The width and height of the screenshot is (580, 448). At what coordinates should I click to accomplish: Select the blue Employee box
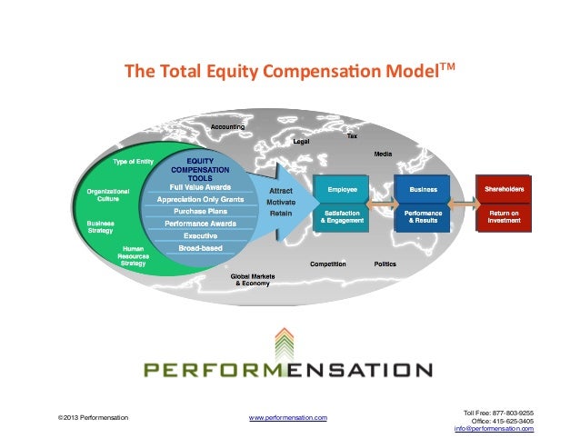[342, 188]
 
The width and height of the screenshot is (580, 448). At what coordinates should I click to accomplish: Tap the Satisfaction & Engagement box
[342, 217]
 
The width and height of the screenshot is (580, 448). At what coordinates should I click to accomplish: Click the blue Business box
[423, 188]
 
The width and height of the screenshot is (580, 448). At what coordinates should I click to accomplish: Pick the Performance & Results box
[423, 217]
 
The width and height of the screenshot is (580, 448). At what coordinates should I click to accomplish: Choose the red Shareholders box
[504, 188]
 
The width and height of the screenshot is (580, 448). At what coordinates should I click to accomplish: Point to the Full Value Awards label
[199, 187]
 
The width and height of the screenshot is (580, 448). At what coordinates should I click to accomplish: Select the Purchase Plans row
[199, 211]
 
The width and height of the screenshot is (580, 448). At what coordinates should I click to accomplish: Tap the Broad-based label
[199, 246]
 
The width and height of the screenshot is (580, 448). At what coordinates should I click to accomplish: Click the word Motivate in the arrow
[280, 202]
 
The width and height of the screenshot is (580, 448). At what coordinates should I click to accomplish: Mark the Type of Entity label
[133, 161]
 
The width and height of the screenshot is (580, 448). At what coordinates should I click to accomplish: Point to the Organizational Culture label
[108, 194]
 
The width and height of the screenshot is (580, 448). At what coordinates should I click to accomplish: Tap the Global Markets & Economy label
[251, 279]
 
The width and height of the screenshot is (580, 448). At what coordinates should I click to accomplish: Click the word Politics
[385, 264]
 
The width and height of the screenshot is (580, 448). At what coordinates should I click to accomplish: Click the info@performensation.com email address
[494, 428]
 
